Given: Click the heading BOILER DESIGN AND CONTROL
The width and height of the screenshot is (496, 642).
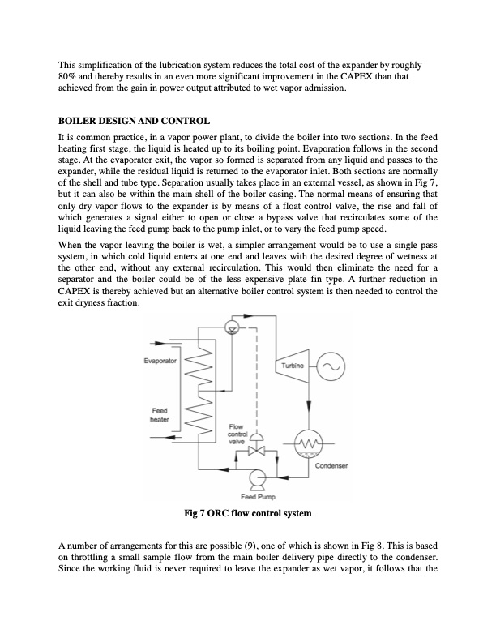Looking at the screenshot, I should point(135,121).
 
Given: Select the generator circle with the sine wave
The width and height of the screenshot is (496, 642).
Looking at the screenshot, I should point(330,367).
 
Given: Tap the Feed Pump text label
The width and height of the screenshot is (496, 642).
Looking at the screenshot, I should point(259,496).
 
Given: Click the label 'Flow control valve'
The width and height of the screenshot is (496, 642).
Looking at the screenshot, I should point(237,432).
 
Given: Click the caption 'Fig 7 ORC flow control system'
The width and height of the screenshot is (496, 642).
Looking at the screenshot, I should point(247,514).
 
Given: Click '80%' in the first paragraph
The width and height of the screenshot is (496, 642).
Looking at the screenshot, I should point(68,75).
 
